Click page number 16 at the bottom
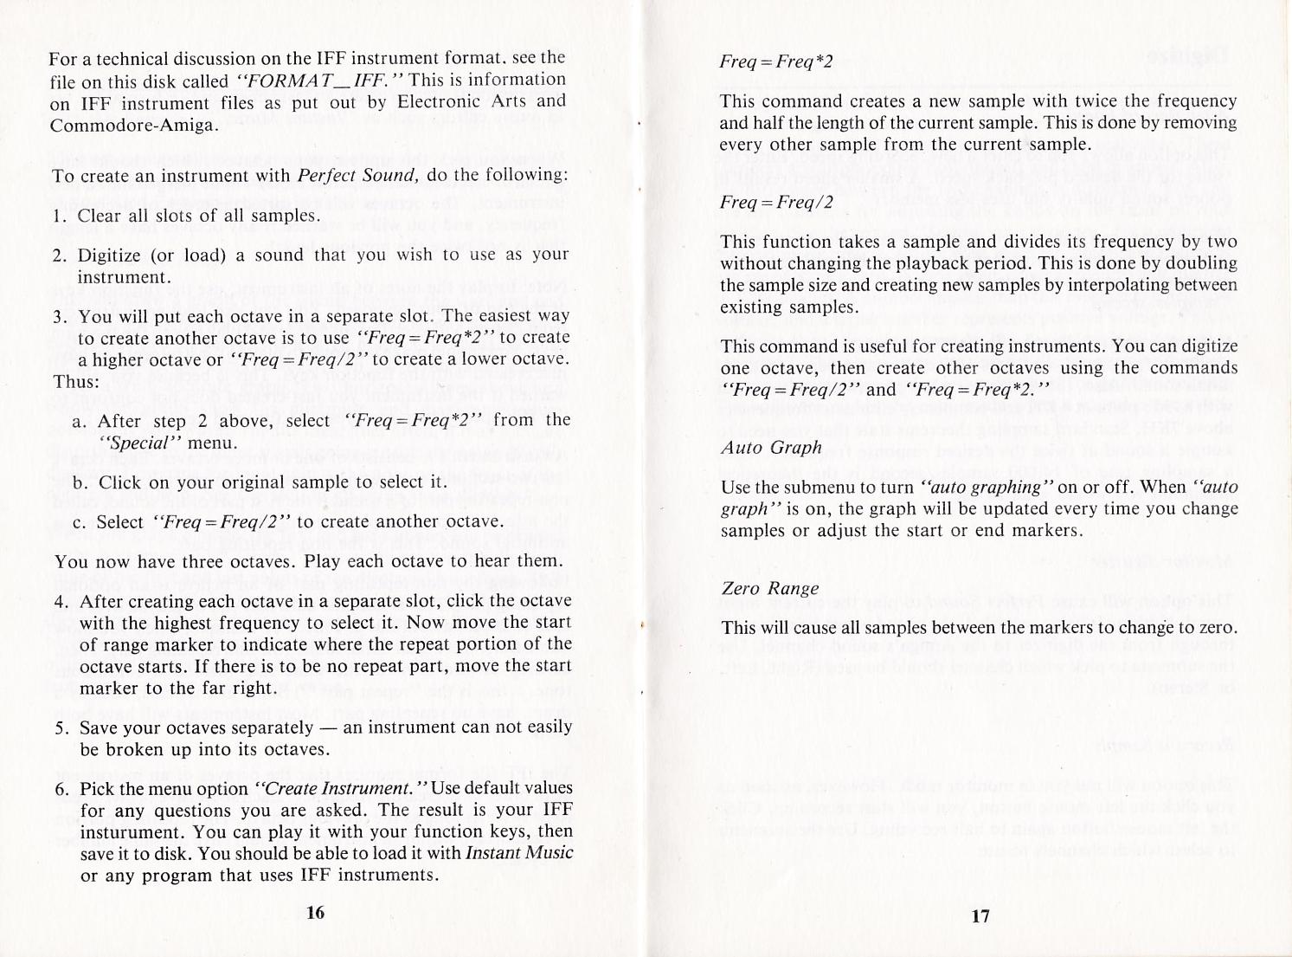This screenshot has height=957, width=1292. coord(315,912)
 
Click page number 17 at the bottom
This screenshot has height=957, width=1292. coord(980,915)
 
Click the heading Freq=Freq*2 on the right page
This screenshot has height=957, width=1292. coord(775,61)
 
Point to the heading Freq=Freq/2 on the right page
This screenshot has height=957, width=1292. coord(775,203)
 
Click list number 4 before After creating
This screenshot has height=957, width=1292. coord(61,601)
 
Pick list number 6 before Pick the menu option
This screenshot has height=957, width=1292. coord(61,789)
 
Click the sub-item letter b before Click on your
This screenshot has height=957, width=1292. coord(79,482)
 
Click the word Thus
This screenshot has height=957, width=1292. coord(76,381)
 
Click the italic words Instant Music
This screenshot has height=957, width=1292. coord(519,852)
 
